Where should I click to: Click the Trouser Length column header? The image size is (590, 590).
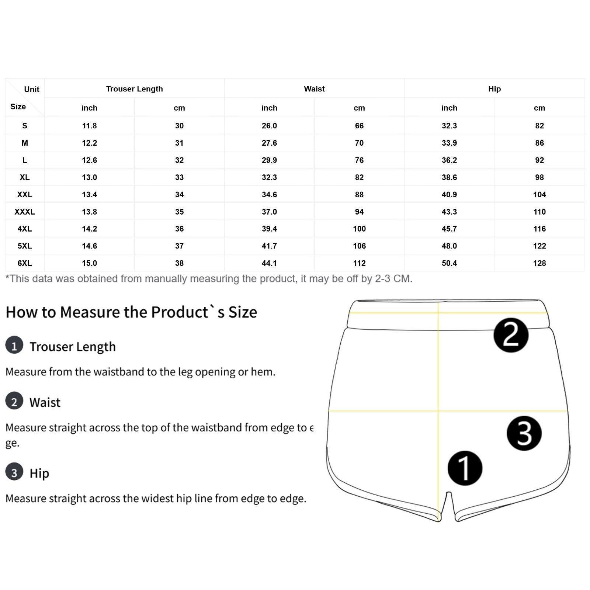[134, 89]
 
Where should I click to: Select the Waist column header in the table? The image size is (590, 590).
[314, 89]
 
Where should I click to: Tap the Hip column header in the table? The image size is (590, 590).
[494, 89]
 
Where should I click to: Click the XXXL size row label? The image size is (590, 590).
[25, 212]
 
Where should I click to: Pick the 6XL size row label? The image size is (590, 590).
[25, 263]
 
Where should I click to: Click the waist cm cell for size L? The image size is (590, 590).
[359, 160]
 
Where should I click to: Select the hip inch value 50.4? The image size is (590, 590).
[449, 263]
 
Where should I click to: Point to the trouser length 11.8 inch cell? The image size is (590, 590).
[89, 126]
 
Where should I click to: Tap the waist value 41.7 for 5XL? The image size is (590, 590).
[269, 246]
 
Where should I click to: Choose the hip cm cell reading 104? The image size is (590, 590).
[539, 194]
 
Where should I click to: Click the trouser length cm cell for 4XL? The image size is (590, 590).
[179, 229]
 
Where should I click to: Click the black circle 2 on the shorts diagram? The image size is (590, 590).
[511, 335]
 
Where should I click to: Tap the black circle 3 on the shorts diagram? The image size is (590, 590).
[524, 433]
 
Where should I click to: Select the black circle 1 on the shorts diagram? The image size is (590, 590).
[465, 468]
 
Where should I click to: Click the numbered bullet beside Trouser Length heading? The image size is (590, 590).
[14, 345]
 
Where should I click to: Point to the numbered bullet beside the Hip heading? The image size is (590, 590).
[14, 472]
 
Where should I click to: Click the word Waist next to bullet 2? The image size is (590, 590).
[45, 402]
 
